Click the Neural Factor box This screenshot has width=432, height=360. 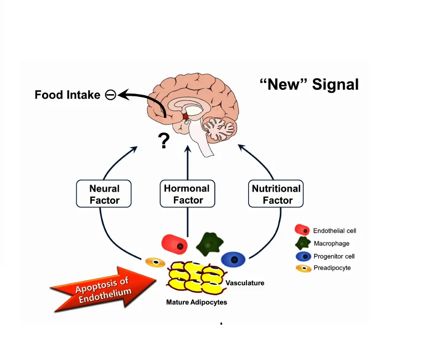(x=105, y=194)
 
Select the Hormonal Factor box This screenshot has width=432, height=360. (x=188, y=194)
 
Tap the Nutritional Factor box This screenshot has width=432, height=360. (x=276, y=194)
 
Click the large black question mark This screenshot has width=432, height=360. (x=163, y=141)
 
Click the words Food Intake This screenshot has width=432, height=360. (x=67, y=95)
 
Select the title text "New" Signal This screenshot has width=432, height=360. (x=309, y=85)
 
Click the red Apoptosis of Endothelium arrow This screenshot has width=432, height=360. (x=105, y=289)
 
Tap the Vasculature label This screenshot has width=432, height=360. (x=245, y=283)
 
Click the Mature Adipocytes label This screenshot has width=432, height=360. (x=197, y=302)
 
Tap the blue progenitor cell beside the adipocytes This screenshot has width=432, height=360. (x=233, y=259)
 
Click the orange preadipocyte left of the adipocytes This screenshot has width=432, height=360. (x=156, y=262)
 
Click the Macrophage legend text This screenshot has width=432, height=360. (x=331, y=243)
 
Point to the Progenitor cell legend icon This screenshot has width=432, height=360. (x=303, y=256)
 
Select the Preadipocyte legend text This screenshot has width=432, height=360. (x=332, y=268)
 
